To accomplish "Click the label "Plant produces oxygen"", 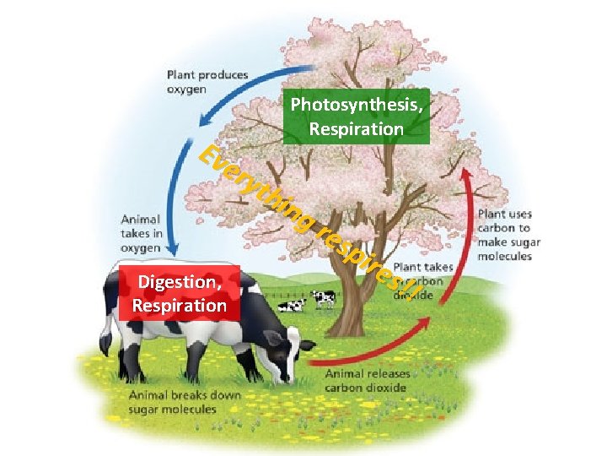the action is (207, 82).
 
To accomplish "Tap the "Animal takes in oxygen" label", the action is (141, 232).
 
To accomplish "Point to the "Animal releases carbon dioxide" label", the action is (365, 381).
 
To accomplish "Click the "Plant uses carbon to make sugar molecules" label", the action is (509, 235).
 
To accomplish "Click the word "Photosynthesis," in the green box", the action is (357, 106).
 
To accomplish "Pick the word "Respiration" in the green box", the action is (357, 129).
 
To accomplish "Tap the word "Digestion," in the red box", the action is (180, 282).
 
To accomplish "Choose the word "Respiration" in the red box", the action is (180, 305).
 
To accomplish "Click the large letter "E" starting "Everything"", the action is (209, 155).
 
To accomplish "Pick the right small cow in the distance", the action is (324, 298).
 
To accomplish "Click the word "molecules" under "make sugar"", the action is (505, 256).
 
